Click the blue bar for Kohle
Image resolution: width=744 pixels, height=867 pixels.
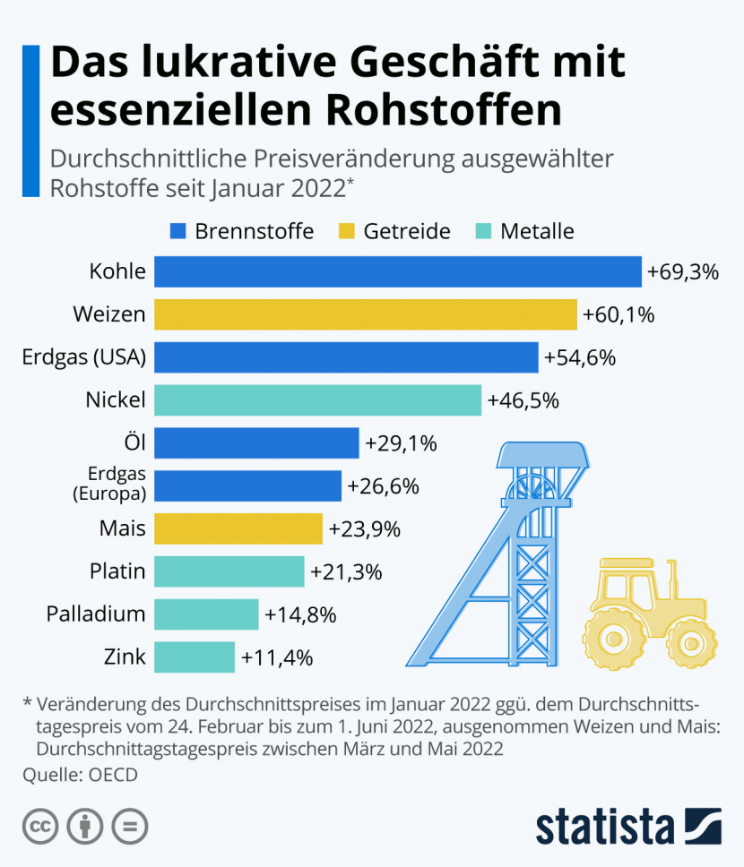coord(398,271)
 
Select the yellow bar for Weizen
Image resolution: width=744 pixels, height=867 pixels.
coord(365,314)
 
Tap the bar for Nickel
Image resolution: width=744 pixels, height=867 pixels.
coord(317,400)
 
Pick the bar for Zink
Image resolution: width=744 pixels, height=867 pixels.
coord(195,657)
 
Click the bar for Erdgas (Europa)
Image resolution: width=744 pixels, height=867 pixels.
coord(247,485)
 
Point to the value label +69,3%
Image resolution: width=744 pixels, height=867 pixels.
coord(683,271)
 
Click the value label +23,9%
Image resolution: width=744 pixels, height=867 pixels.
coord(364,529)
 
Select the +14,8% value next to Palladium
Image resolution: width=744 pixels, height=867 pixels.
coord(300,614)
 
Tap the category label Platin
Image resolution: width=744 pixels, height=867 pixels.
coord(117,571)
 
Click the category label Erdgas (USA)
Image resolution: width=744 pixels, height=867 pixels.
coord(83,357)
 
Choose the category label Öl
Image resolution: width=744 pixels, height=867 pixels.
coord(135,442)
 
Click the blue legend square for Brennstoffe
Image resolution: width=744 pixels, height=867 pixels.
coord(177,232)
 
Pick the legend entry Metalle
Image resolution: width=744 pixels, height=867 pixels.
coord(525,232)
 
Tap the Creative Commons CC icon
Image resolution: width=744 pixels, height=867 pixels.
coord(40,825)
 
